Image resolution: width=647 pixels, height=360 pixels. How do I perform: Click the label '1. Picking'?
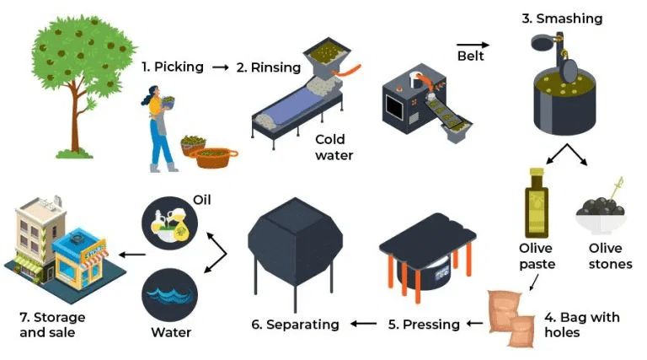[x=173, y=67]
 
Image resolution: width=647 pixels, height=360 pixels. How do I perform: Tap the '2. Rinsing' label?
[x=269, y=67]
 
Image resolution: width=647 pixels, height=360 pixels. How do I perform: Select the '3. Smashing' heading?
[x=562, y=19]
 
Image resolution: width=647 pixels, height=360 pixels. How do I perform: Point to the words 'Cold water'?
[x=334, y=148]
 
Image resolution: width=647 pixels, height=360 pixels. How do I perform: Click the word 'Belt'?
[x=470, y=56]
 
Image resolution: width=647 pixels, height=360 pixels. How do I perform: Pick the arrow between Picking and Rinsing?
[x=221, y=67]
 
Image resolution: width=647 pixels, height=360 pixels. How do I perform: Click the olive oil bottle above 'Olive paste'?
[x=536, y=203]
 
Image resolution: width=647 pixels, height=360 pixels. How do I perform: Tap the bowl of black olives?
[x=601, y=212]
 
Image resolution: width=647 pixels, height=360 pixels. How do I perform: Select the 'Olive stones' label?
[x=610, y=256]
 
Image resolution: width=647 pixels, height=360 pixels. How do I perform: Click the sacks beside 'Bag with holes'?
[x=511, y=319]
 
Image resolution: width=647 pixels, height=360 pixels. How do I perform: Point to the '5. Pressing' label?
[x=424, y=325]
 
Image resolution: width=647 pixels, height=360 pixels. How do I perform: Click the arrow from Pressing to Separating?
[x=364, y=324]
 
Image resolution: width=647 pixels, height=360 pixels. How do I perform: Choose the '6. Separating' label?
[x=295, y=325]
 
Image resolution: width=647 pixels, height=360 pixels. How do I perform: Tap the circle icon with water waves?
[x=169, y=295]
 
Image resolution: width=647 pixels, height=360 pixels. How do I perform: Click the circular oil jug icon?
[x=169, y=223]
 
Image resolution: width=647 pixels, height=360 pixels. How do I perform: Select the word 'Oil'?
[x=202, y=200]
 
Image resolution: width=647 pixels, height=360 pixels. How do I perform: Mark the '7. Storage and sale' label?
[x=52, y=325]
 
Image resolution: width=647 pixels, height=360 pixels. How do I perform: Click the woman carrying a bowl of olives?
[x=159, y=129]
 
